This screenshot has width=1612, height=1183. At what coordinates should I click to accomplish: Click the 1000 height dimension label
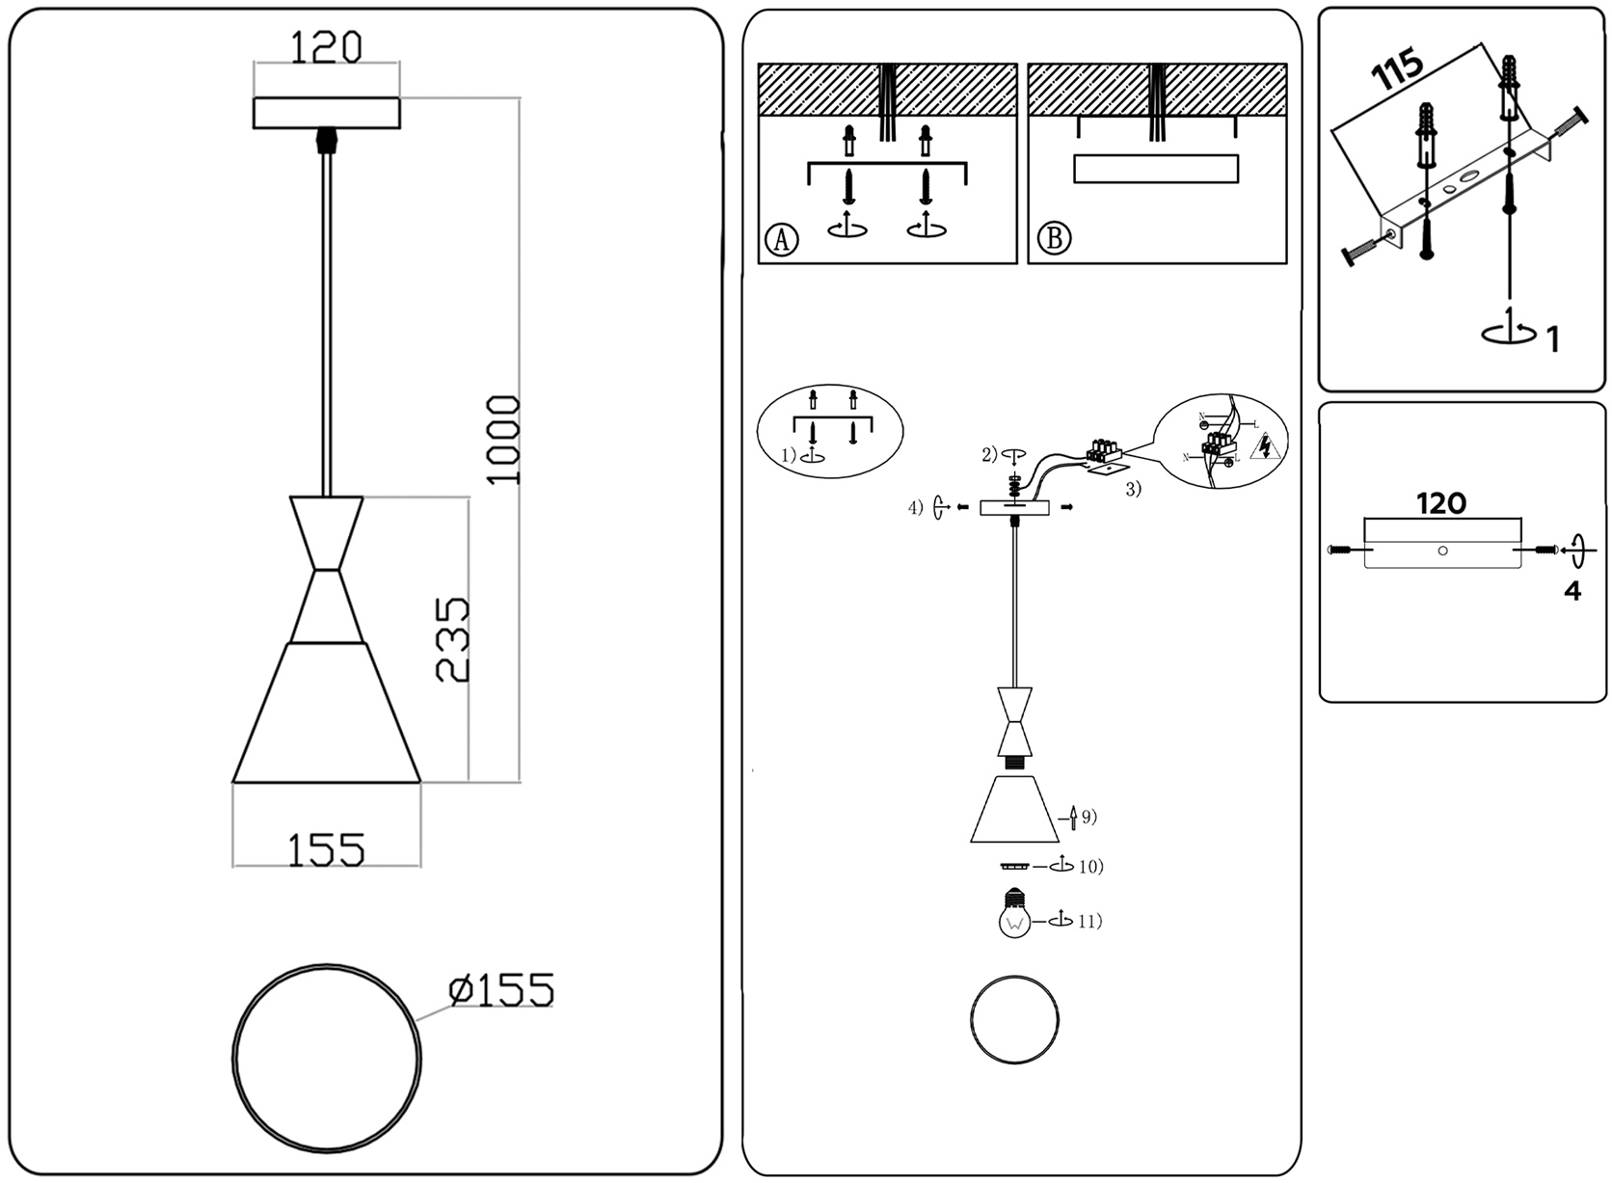[x=503, y=440]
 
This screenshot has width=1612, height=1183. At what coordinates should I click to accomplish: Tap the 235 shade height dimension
[x=453, y=639]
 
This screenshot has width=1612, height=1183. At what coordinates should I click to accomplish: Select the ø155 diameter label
[x=501, y=990]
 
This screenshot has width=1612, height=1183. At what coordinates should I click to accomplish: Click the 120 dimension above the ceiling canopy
[x=326, y=46]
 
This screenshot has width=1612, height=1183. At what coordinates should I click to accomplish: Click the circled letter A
[x=782, y=238]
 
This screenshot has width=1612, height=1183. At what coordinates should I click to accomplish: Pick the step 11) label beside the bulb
[x=1088, y=922]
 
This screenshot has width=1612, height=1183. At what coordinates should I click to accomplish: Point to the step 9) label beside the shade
[x=1088, y=818]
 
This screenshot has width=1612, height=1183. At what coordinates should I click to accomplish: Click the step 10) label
[x=1090, y=867]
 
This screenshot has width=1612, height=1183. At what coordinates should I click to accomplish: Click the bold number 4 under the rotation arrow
[x=1572, y=591]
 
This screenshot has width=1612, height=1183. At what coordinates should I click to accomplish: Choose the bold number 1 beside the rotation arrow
[x=1552, y=339]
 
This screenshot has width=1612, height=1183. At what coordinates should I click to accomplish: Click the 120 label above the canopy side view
[x=1440, y=503]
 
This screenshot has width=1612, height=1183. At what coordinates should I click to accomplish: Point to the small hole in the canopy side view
[x=1442, y=551]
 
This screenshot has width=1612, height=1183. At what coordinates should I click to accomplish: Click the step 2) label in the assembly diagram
[x=990, y=455]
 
